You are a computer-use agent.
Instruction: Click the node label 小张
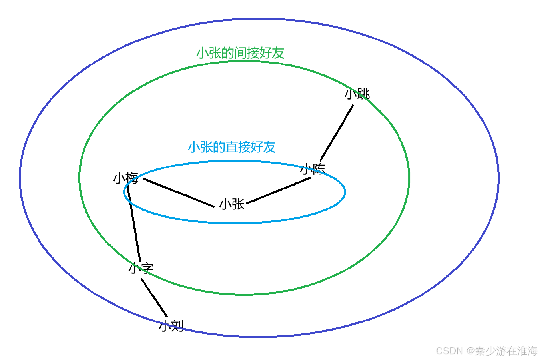click(x=232, y=204)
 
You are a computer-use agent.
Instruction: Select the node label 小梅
click(x=125, y=178)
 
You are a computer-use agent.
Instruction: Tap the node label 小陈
click(x=313, y=168)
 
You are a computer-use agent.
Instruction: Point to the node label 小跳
click(x=357, y=94)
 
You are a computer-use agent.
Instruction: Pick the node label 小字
click(x=141, y=268)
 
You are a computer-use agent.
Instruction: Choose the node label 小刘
click(x=171, y=326)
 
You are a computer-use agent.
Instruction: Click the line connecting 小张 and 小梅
click(x=179, y=193)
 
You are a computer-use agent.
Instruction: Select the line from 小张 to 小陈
click(x=279, y=191)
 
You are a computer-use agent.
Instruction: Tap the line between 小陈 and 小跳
click(x=337, y=133)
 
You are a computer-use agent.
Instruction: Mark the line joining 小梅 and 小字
click(x=134, y=224)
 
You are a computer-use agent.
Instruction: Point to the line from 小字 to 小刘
click(x=154, y=297)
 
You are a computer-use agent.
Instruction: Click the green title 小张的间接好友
click(x=240, y=53)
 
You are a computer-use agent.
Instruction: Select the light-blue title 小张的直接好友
click(x=232, y=147)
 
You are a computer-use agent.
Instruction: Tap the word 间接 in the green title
click(x=246, y=53)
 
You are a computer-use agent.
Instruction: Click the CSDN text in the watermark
click(x=449, y=351)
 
